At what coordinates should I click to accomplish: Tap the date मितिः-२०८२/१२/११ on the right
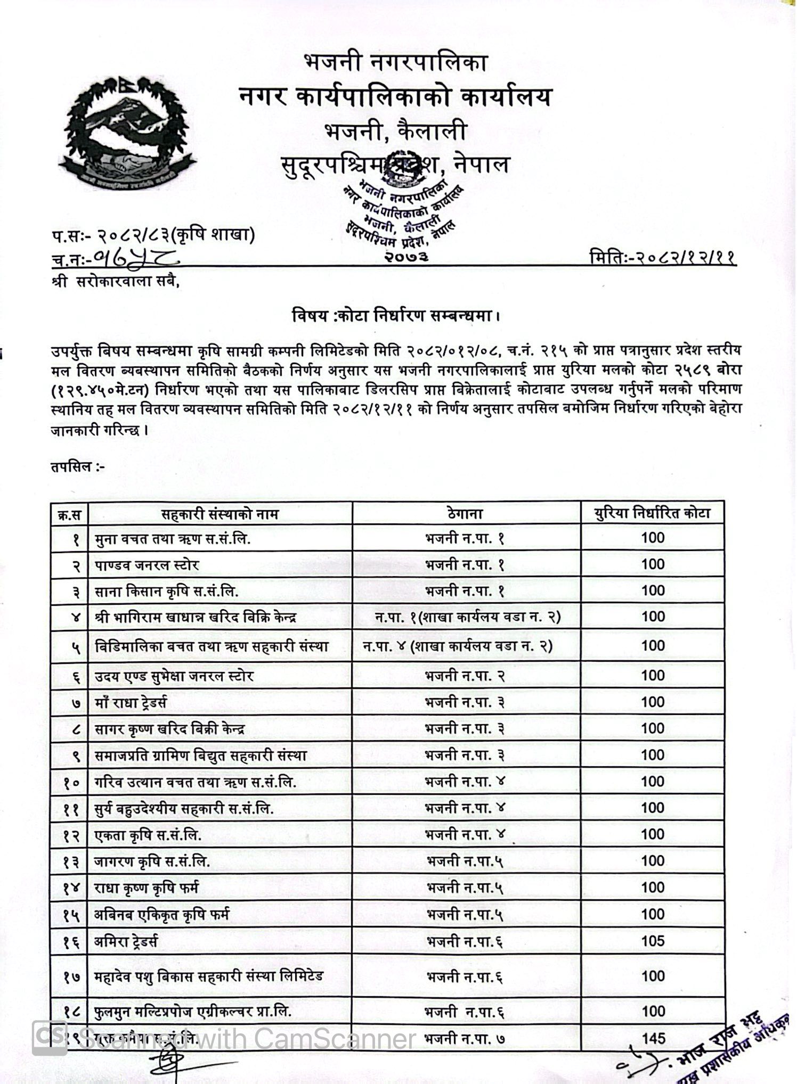coord(663,258)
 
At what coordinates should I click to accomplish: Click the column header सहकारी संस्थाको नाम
coord(220,514)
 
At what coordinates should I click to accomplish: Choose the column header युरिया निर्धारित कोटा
coord(653,514)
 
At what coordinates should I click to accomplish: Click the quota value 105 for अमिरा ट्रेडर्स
coord(653,941)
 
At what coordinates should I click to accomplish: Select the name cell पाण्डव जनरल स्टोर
coord(147,565)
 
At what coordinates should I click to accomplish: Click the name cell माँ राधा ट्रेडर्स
coord(131,703)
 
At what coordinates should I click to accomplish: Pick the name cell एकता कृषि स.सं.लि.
coord(148,835)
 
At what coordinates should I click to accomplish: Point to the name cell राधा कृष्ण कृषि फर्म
coord(147,888)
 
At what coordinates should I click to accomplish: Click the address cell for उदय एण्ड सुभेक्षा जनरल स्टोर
coord(465,676)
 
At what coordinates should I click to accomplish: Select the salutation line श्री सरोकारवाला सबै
coord(116,283)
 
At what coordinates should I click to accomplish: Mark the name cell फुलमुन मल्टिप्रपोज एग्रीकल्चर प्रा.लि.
coord(193,1011)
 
